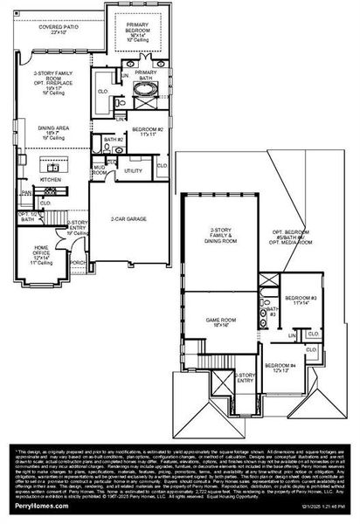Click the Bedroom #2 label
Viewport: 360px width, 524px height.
click(148, 132)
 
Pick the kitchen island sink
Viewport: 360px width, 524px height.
click(53, 165)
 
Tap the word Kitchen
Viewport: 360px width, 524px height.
click(50, 179)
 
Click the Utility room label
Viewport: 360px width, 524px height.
click(134, 171)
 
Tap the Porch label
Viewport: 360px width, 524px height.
click(78, 261)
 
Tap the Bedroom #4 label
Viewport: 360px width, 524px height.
click(280, 367)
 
